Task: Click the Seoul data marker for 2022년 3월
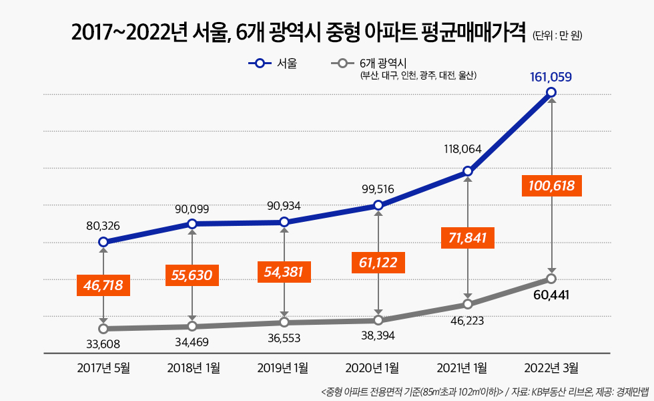551,92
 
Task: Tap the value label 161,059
551,77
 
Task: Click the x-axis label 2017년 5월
103,367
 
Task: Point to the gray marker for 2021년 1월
468,304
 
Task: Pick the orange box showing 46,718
103,285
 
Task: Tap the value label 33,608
103,345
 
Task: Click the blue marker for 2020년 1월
378,205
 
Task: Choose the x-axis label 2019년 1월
284,367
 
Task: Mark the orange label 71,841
468,238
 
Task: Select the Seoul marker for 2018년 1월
192,224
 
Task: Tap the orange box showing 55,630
192,275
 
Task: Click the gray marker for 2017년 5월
103,329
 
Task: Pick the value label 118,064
462,149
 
